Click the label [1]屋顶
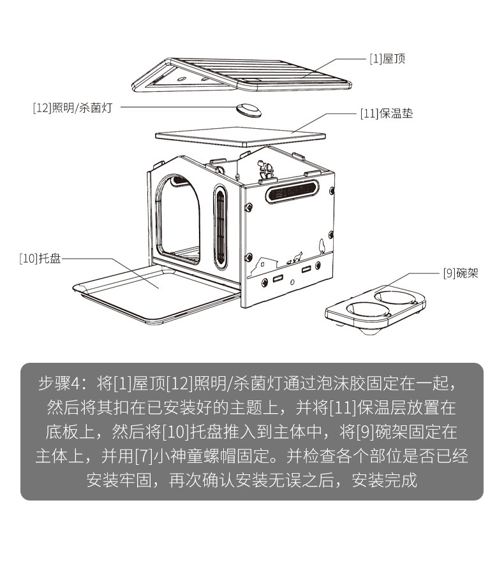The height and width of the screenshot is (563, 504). point(387,59)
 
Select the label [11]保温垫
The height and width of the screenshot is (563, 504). point(387,114)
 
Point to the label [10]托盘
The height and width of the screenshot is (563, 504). point(40,259)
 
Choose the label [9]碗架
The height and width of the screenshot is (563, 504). point(460,274)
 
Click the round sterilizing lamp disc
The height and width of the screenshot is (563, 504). point(249,109)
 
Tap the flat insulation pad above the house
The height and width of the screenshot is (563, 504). point(241,136)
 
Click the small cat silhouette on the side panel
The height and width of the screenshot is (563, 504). point(295,258)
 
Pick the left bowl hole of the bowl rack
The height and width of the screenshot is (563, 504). point(360,309)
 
